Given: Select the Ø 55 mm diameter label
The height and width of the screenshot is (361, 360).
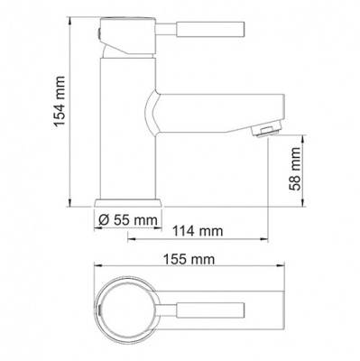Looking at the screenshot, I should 127,219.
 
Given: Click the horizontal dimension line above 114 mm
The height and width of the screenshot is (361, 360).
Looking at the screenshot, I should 198,240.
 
